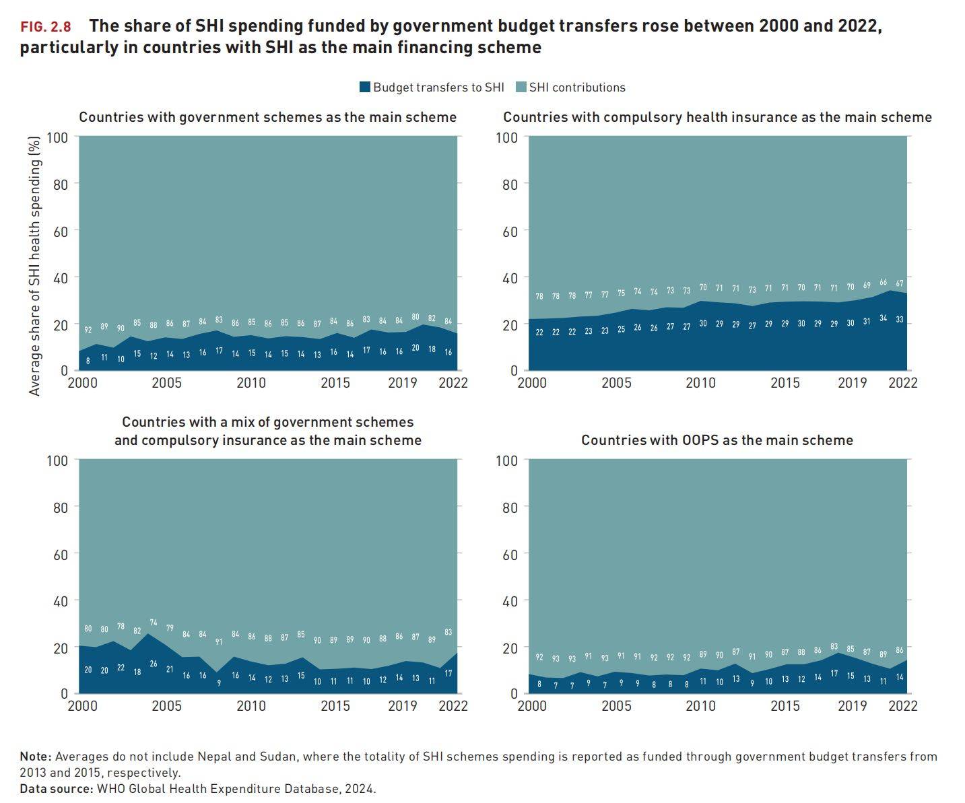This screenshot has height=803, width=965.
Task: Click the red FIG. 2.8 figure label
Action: coord(45,28)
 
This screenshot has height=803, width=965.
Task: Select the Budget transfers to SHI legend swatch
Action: coord(365,88)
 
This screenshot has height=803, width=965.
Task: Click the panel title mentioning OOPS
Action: coord(717,440)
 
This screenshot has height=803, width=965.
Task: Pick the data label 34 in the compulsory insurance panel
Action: coord(883,318)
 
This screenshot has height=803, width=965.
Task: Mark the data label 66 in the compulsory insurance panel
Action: coord(883,283)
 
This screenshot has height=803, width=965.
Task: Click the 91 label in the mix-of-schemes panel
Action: coord(219,642)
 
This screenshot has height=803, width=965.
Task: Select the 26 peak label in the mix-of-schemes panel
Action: coord(154,664)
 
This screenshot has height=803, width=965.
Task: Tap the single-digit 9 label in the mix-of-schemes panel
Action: coord(219,683)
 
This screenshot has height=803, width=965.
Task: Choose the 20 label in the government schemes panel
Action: coord(415,348)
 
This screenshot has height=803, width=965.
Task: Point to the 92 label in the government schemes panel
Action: coord(88,330)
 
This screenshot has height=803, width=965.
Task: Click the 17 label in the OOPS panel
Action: coord(834,673)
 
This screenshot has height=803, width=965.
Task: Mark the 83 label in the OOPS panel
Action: coord(834,647)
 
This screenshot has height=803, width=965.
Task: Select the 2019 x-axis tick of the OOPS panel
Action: coord(852,706)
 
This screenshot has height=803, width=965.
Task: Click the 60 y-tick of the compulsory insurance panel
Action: coord(510,231)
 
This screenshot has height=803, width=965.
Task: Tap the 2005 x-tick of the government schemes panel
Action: coord(166,383)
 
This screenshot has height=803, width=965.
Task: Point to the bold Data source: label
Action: coord(56,789)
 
